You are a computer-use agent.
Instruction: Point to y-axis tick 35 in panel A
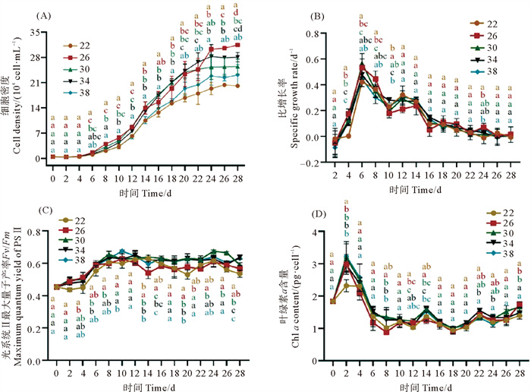[x=39, y=31]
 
